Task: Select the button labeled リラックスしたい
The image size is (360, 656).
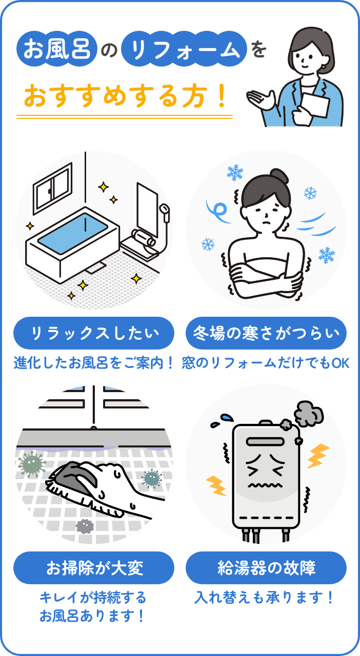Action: click(x=94, y=334)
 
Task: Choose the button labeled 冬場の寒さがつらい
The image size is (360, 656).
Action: click(x=266, y=334)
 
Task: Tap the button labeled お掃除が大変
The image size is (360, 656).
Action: click(x=94, y=568)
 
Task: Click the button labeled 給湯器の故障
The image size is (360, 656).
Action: click(x=266, y=568)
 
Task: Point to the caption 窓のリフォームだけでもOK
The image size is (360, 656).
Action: click(x=266, y=363)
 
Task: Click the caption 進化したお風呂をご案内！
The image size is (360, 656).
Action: click(x=94, y=363)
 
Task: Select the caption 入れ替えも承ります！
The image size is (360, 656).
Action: click(x=266, y=598)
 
